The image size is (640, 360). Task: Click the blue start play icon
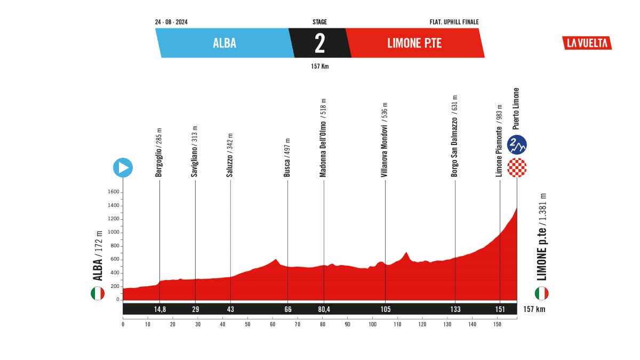(123, 167)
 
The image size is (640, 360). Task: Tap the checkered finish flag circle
(517, 167)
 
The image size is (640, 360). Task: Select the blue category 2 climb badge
(517, 143)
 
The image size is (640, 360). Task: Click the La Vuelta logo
(587, 43)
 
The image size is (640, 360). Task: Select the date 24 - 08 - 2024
(171, 22)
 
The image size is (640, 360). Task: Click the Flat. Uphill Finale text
(454, 22)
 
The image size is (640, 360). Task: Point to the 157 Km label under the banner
(320, 67)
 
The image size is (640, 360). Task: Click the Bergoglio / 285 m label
(159, 153)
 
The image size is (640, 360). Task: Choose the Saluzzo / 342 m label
(230, 155)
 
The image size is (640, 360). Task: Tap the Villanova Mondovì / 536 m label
(385, 140)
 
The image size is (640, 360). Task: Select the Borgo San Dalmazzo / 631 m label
(455, 137)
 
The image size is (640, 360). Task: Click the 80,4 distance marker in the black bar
(324, 309)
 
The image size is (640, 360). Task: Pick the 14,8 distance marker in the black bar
(160, 309)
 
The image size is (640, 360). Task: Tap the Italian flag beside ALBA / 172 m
(97, 293)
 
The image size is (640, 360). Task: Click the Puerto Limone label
(516, 109)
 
